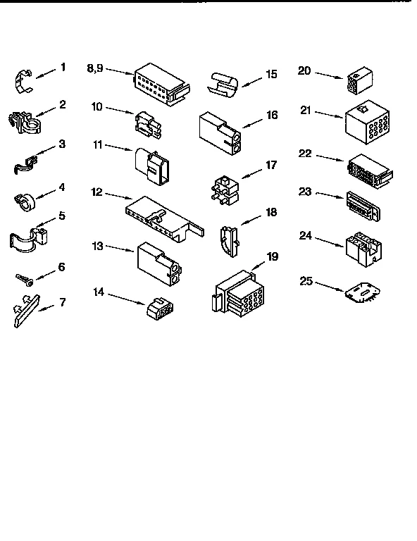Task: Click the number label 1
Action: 63,68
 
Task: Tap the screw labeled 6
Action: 23,280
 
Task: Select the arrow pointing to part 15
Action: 251,80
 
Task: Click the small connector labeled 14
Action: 159,308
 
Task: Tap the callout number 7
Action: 63,303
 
